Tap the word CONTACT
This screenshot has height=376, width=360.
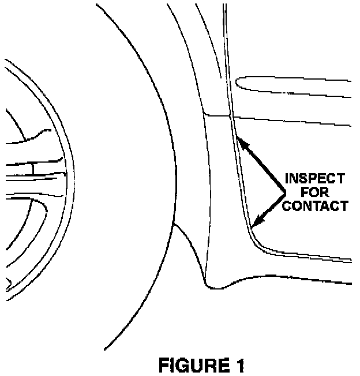tap(317, 205)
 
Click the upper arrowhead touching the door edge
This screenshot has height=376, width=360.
tap(242, 142)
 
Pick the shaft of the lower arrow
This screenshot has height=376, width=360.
tap(272, 206)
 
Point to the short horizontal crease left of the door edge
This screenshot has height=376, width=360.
tap(217, 114)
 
